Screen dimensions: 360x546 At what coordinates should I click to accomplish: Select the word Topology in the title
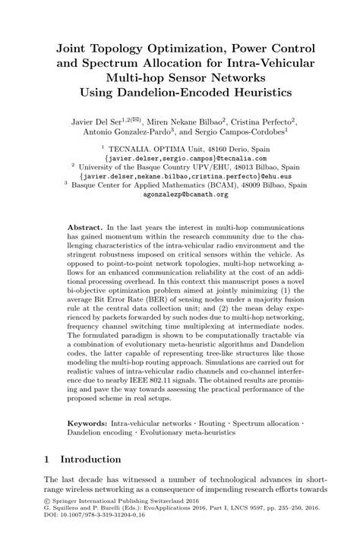click(x=125, y=47)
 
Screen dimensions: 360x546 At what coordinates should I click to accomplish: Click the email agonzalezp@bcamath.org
click(x=179, y=194)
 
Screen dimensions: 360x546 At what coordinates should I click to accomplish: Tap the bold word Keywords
click(x=89, y=419)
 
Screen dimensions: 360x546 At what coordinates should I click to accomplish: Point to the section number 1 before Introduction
click(x=47, y=459)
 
